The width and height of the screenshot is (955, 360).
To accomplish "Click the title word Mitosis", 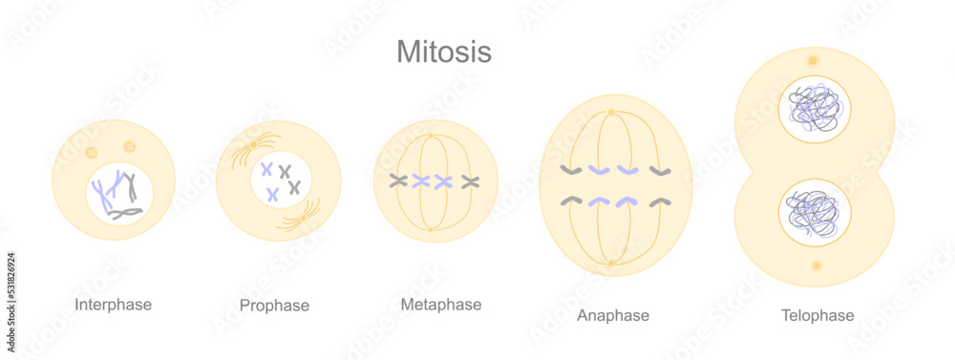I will pyautogui.click(x=444, y=51).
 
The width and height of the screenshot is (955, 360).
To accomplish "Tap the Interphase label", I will pyautogui.click(x=113, y=305).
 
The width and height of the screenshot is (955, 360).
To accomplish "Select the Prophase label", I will pyautogui.click(x=274, y=306).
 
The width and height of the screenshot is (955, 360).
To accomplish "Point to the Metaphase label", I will pyautogui.click(x=440, y=305).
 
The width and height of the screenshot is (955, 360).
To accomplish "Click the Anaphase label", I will pyautogui.click(x=613, y=315).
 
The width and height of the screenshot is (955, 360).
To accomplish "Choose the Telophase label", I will pyautogui.click(x=817, y=315).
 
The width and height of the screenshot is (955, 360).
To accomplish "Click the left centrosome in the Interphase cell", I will pyautogui.click(x=92, y=152).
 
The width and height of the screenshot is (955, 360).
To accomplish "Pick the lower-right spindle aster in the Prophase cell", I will pyautogui.click(x=303, y=218).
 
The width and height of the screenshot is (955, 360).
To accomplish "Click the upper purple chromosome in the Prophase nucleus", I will pyautogui.click(x=266, y=169).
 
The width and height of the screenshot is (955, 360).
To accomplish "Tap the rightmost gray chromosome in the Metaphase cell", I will pyautogui.click(x=469, y=181).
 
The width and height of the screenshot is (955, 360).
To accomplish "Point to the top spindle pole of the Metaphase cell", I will pyautogui.click(x=431, y=135).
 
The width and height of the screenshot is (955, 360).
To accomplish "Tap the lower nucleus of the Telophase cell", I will pyautogui.click(x=814, y=211).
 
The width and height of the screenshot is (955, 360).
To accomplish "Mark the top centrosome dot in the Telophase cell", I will pyautogui.click(x=813, y=60).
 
